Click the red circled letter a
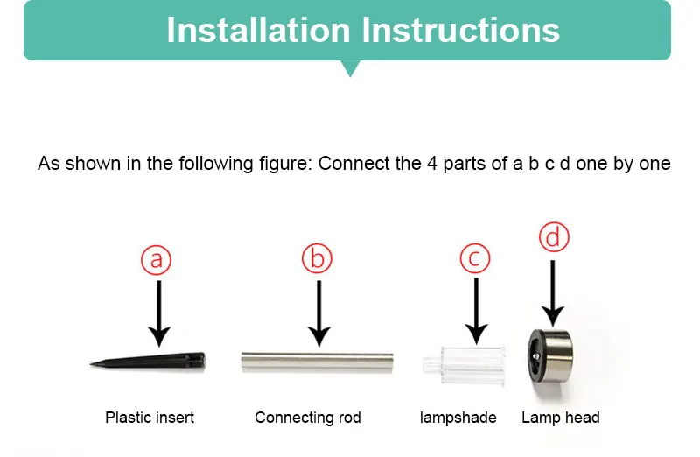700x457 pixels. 157,260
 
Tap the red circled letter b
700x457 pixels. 317,258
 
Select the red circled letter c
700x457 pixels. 475,258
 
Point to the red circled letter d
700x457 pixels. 554,236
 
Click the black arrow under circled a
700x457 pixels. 159,313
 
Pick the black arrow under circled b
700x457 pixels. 318,313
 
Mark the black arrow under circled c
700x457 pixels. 476,312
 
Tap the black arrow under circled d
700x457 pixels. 553,293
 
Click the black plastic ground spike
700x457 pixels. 148,361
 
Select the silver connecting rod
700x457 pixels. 317,362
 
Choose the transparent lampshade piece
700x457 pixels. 465,365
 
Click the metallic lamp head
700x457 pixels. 550,356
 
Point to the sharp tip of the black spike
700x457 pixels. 90,365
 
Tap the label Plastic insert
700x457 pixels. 150,418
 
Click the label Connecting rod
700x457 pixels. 308,418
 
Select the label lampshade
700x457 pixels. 458,418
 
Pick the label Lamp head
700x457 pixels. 561,418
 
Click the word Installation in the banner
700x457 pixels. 258,31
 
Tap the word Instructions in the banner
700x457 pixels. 460,31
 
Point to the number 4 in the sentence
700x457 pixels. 431,164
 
